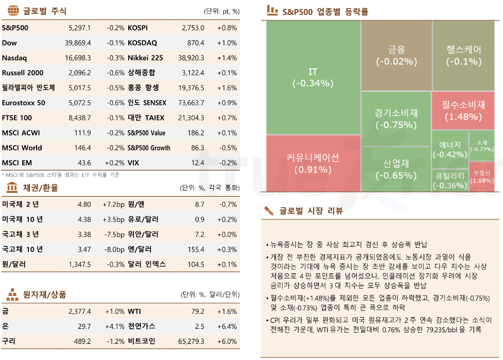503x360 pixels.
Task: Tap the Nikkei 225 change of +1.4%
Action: [227, 58]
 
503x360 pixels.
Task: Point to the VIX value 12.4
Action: [198, 163]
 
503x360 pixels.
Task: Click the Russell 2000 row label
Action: [22, 73]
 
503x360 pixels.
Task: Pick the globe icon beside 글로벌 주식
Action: [13, 11]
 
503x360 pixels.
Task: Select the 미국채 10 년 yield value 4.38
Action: [84, 219]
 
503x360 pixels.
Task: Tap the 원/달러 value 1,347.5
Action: [80, 264]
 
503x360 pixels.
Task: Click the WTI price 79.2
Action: [198, 311]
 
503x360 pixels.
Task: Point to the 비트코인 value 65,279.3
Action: [191, 341]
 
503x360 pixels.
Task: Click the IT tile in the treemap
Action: [313, 78]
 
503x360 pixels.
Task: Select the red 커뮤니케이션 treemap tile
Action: [313, 163]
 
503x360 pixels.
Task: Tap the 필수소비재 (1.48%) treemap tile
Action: [463, 110]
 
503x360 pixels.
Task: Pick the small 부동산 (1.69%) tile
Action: [481, 177]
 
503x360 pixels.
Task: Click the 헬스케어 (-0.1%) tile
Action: [463, 56]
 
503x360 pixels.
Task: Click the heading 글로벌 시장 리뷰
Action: [311, 212]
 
